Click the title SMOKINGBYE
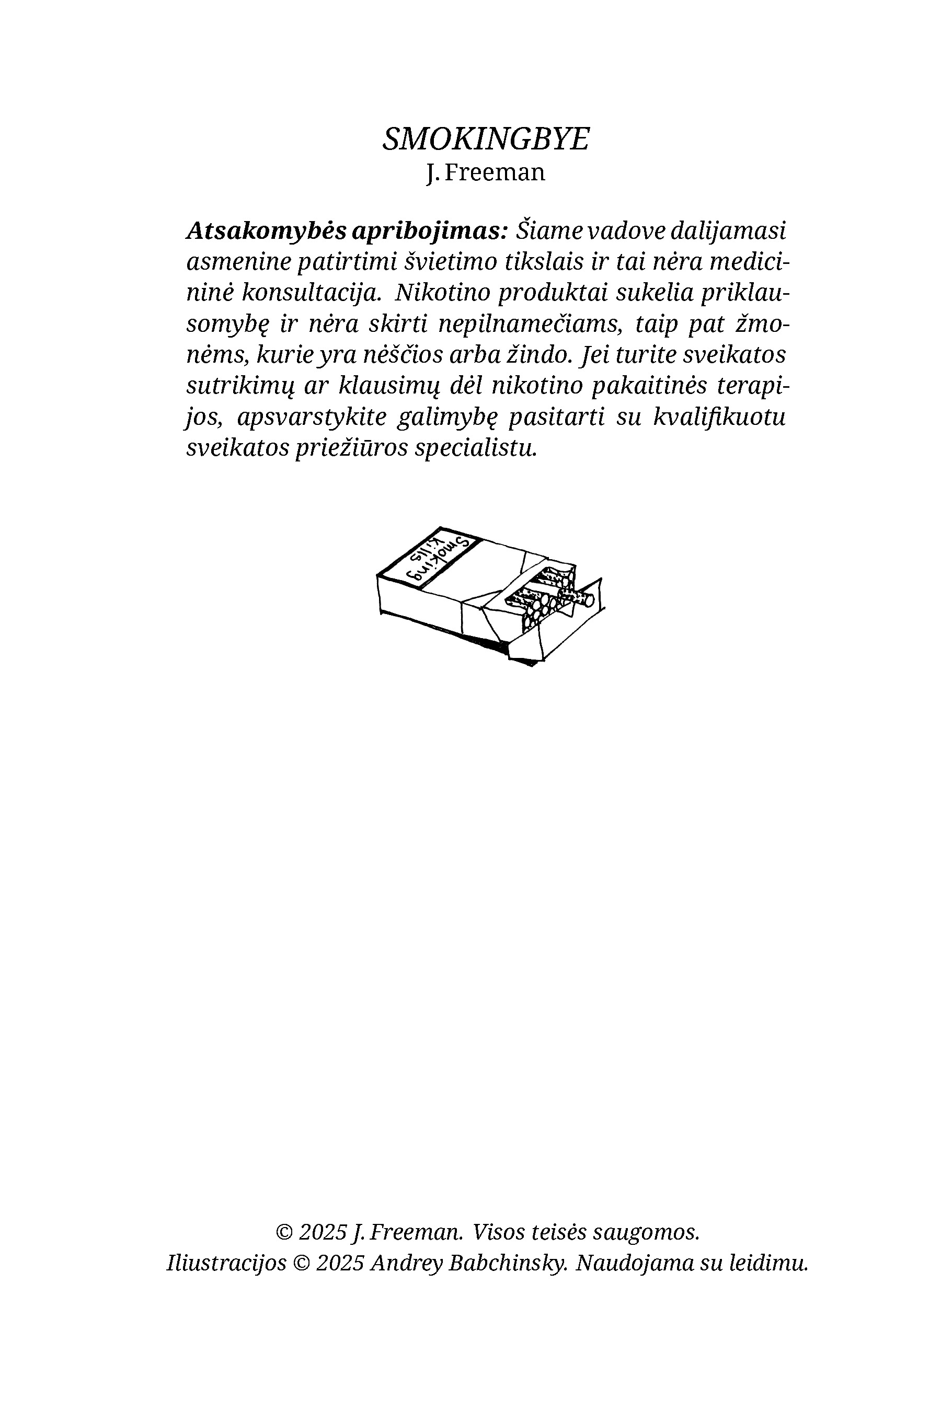click(486, 139)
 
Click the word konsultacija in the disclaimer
click(311, 293)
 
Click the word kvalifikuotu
click(719, 418)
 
